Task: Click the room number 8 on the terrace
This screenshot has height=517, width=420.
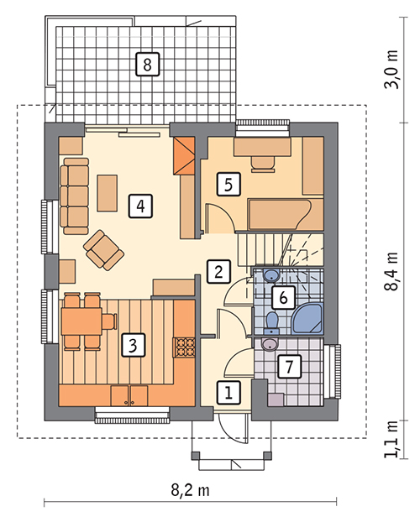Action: coord(148,64)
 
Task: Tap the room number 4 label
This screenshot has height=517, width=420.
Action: coord(140,206)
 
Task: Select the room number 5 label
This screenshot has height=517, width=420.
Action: coord(228,185)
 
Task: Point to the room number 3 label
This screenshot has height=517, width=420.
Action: coord(133,345)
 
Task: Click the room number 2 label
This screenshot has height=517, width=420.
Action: coord(218,272)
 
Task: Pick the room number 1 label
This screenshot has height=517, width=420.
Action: coord(228,393)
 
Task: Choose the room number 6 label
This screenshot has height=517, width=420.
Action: coord(283,297)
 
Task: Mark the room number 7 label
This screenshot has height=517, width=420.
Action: coord(289,366)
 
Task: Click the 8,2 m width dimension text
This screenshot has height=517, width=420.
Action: coord(190,490)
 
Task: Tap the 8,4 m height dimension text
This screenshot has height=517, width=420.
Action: coord(391,272)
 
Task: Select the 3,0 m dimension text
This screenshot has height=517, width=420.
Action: coord(391,69)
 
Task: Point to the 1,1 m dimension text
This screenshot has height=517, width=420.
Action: coord(391,439)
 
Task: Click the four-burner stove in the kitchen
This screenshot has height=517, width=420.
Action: coord(184,347)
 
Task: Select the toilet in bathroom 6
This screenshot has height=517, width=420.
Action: coord(272,323)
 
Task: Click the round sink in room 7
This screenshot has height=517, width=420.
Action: coord(270,344)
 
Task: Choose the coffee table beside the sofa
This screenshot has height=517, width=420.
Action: coord(108,193)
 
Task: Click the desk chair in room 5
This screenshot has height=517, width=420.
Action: coord(263,164)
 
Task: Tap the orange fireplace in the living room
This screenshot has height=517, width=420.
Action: coord(184,155)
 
